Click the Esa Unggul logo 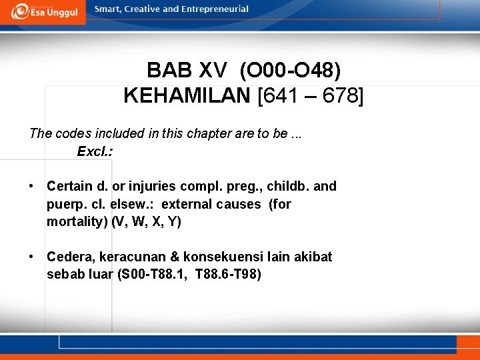[43, 11]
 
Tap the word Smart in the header [109, 9]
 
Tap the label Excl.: [95, 151]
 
